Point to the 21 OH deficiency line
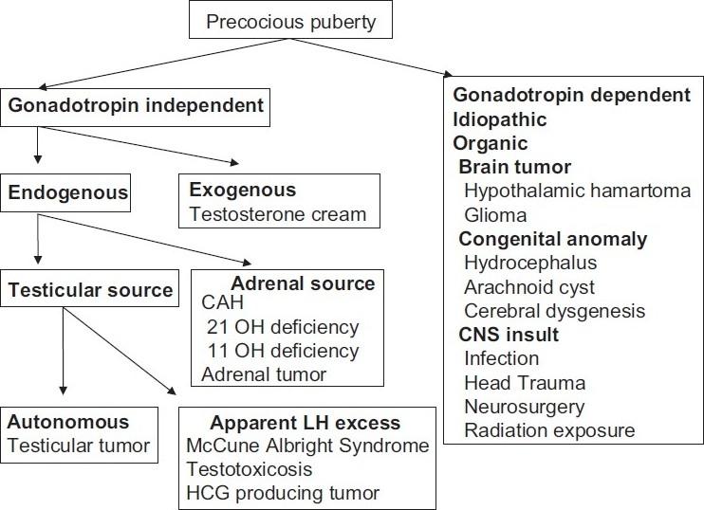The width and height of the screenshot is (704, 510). pyautogui.click(x=283, y=328)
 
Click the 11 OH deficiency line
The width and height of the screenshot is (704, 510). pyautogui.click(x=283, y=351)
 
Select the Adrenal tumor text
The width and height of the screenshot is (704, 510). pyautogui.click(x=264, y=374)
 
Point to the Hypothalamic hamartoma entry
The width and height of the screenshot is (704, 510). pyautogui.click(x=576, y=191)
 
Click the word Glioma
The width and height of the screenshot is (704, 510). pyautogui.click(x=494, y=213)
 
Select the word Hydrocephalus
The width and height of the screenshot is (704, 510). pyautogui.click(x=523, y=262)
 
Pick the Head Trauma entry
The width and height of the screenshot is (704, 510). pyautogui.click(x=524, y=383)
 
